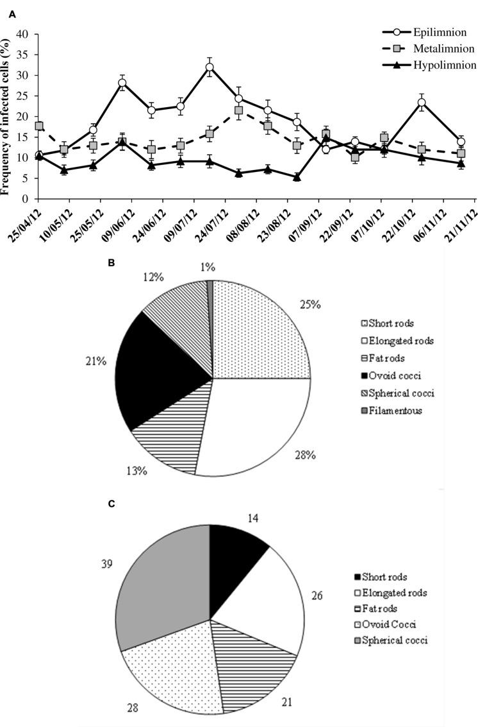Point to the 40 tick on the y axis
(x=23, y=34)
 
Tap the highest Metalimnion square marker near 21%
(x=239, y=110)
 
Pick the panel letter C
(x=111, y=504)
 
